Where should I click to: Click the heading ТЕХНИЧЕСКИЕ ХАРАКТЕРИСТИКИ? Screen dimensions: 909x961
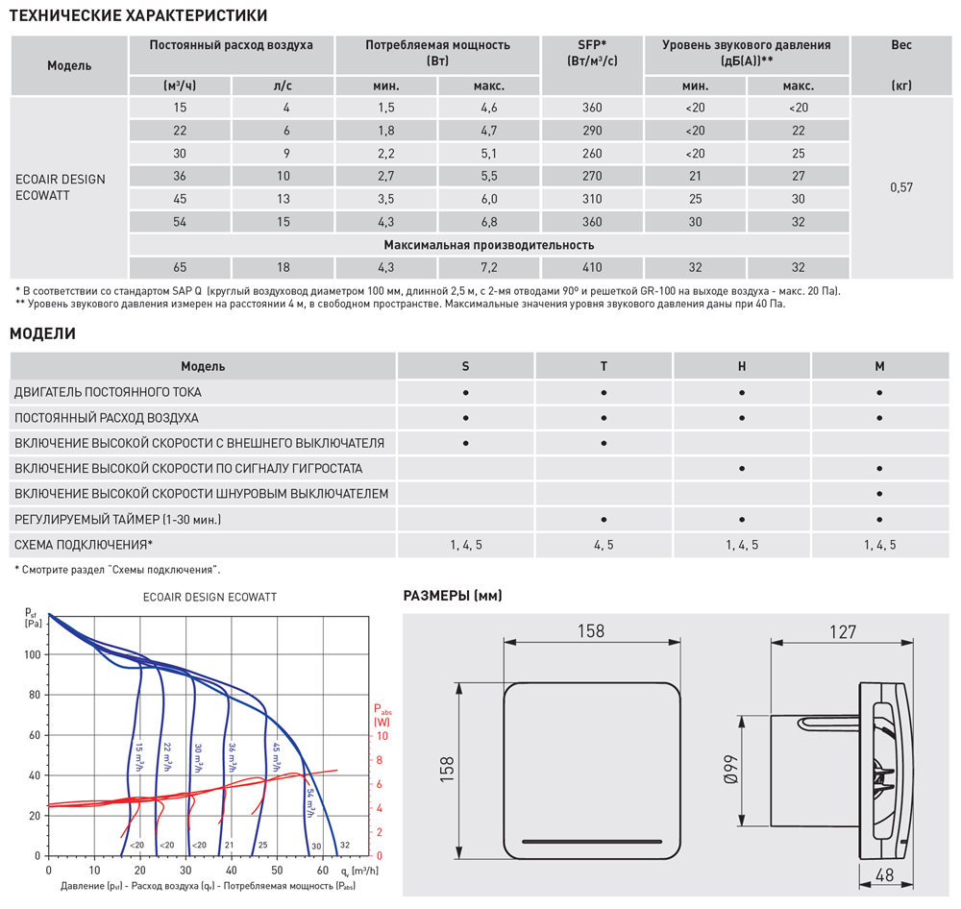(x=138, y=15)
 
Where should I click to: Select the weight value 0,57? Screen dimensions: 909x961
(x=900, y=187)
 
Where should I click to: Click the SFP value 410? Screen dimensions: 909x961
(x=592, y=268)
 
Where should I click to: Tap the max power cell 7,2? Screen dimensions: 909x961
(x=489, y=268)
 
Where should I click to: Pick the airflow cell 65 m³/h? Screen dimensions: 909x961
(x=181, y=268)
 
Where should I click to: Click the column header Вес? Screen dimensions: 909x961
(x=900, y=45)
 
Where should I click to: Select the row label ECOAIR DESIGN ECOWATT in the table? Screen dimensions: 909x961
(x=60, y=186)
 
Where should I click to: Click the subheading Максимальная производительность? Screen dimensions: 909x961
(x=489, y=245)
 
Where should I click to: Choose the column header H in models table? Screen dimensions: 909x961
(x=742, y=366)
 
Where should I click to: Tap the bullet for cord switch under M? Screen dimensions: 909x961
(x=879, y=494)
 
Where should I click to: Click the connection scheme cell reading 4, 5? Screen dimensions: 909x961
(x=604, y=545)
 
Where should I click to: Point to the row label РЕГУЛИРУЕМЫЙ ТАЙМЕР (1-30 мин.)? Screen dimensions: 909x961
(x=117, y=519)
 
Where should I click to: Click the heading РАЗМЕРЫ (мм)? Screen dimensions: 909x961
(x=452, y=596)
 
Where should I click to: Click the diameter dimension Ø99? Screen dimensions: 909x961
(x=731, y=770)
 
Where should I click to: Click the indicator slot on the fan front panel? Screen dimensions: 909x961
(x=592, y=842)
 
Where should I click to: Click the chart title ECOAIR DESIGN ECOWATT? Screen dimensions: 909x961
(x=209, y=597)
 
